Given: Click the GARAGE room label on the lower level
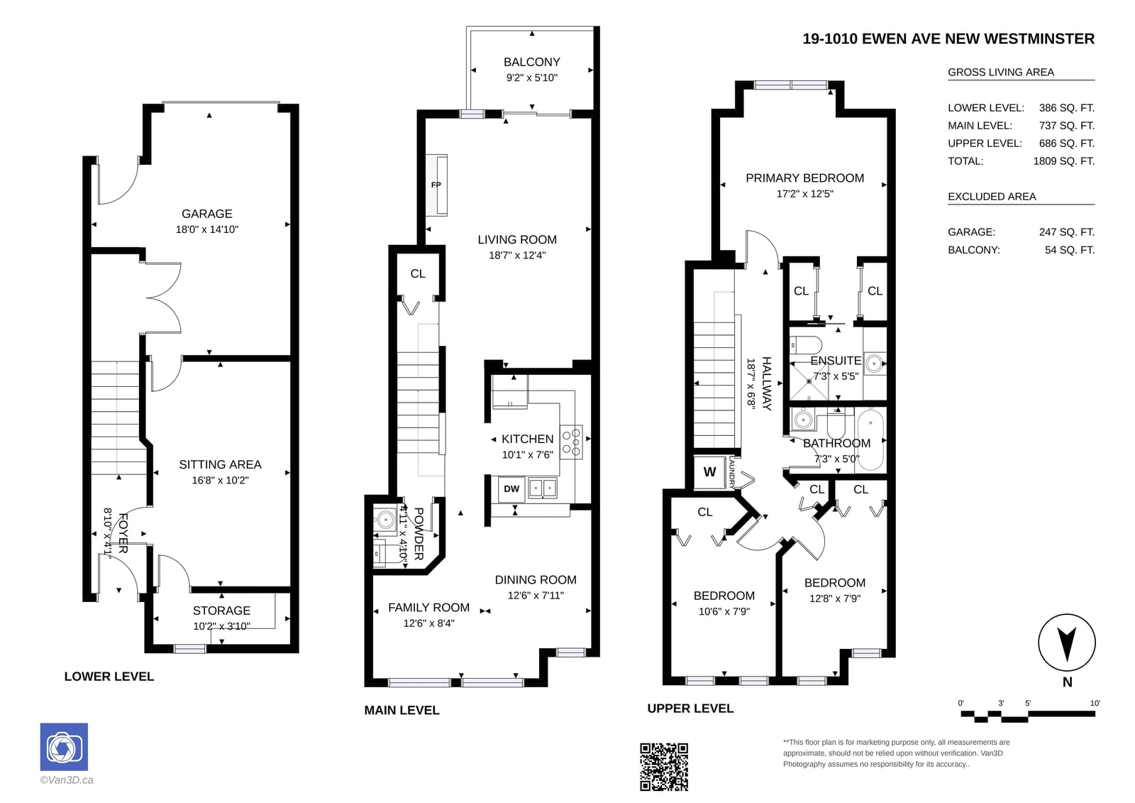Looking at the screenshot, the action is pyautogui.click(x=206, y=214).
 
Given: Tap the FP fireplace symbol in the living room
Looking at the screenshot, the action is pyautogui.click(x=436, y=185).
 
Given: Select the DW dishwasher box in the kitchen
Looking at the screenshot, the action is pyautogui.click(x=511, y=489).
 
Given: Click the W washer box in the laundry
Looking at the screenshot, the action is pyautogui.click(x=709, y=471).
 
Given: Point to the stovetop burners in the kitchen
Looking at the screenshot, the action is pyautogui.click(x=571, y=442).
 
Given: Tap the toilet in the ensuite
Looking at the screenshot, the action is pyautogui.click(x=806, y=346).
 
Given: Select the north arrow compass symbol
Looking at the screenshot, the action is pyautogui.click(x=1067, y=643).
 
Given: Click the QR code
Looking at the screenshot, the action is pyautogui.click(x=664, y=767).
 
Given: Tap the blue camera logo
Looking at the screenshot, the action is pyautogui.click(x=64, y=747).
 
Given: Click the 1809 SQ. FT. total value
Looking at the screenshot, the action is pyautogui.click(x=1063, y=161).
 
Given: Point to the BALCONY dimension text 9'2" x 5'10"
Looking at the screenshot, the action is pyautogui.click(x=531, y=77).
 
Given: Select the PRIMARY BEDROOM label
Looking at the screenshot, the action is pyautogui.click(x=804, y=178).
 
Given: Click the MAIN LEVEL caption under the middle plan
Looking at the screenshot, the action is pyautogui.click(x=402, y=710).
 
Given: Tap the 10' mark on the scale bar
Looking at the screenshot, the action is pyautogui.click(x=1095, y=703).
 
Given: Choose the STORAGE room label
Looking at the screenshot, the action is pyautogui.click(x=221, y=611).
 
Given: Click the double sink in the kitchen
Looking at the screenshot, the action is pyautogui.click(x=543, y=488).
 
